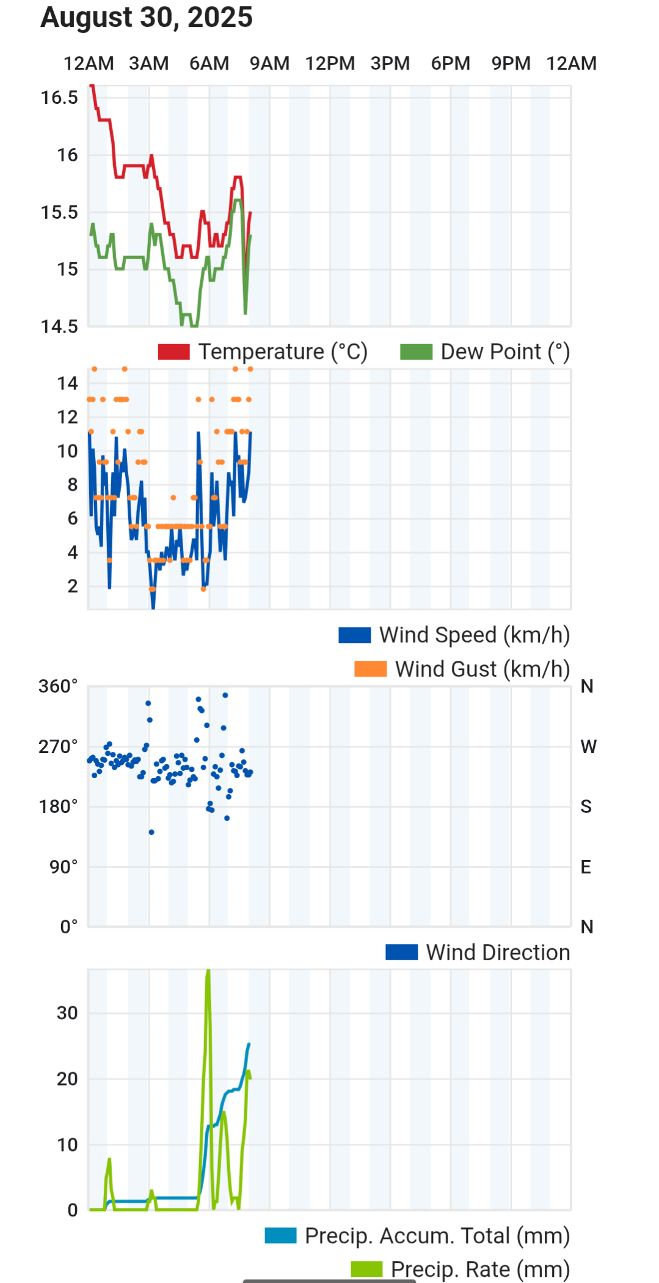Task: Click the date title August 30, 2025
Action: click(x=147, y=17)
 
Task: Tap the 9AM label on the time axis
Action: click(x=269, y=64)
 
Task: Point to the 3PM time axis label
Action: click(x=390, y=64)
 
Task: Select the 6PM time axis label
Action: click(x=451, y=64)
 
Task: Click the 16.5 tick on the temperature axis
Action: click(x=59, y=98)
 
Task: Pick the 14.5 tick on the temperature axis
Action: click(x=59, y=326)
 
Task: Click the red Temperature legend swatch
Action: click(x=174, y=352)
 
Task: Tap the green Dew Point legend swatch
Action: click(x=416, y=352)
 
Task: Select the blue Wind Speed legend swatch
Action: click(x=354, y=635)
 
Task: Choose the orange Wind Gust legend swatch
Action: click(x=370, y=669)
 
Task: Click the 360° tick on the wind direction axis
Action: click(x=58, y=686)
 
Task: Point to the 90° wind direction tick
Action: click(x=64, y=867)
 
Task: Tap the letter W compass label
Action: click(x=588, y=746)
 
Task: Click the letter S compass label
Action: click(x=586, y=807)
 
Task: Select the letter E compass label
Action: click(x=586, y=867)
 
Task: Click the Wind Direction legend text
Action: click(x=498, y=952)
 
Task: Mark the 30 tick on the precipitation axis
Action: click(x=67, y=1013)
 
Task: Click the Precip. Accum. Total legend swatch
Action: click(x=280, y=1236)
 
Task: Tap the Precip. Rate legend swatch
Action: click(x=366, y=1269)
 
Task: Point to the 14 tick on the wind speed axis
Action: click(x=67, y=384)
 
